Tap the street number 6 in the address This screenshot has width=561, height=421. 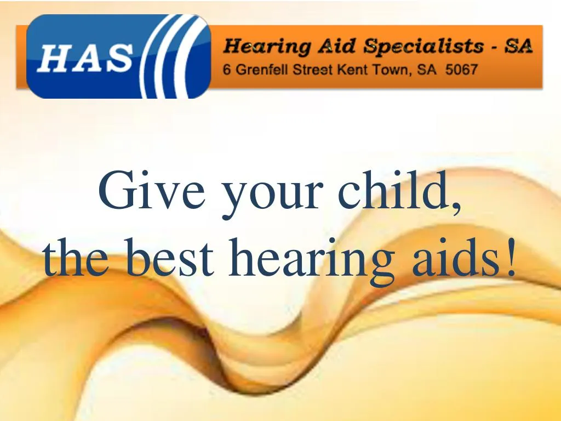click(x=226, y=69)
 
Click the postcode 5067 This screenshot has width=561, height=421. click(x=461, y=69)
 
